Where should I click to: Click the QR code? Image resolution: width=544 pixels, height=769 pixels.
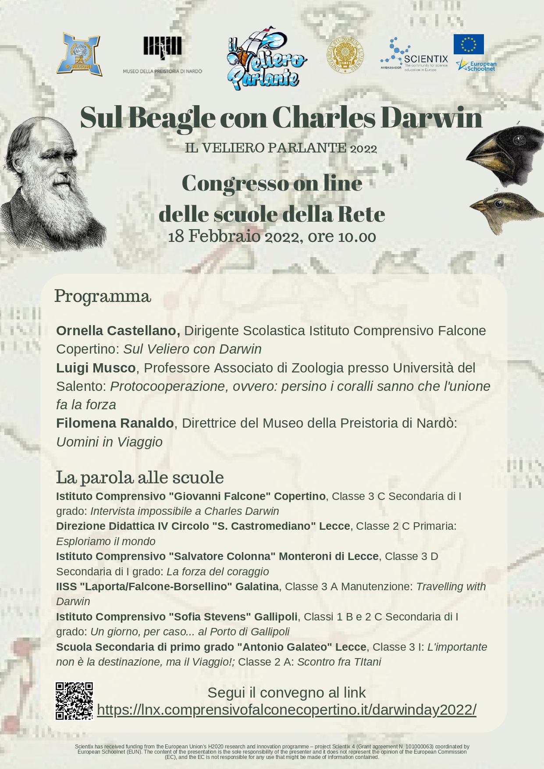tap(74, 701)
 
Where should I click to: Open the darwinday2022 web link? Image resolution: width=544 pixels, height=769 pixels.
tap(286, 709)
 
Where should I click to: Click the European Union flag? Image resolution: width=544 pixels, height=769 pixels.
tap(469, 44)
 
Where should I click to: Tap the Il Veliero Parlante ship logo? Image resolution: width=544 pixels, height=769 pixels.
tap(266, 58)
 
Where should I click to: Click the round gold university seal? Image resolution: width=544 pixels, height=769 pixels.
tap(345, 56)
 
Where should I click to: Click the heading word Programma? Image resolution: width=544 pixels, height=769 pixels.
tap(103, 296)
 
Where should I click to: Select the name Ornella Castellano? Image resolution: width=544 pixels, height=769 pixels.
tap(117, 330)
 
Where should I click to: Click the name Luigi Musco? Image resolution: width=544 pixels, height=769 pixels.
tap(96, 368)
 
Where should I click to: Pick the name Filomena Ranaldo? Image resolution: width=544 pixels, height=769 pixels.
tap(115, 423)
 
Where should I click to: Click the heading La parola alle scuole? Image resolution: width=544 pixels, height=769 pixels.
tap(140, 477)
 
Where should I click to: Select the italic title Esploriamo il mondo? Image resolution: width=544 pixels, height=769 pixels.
tap(106, 541)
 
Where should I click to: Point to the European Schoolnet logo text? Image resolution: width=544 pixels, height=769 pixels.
tap(481, 66)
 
